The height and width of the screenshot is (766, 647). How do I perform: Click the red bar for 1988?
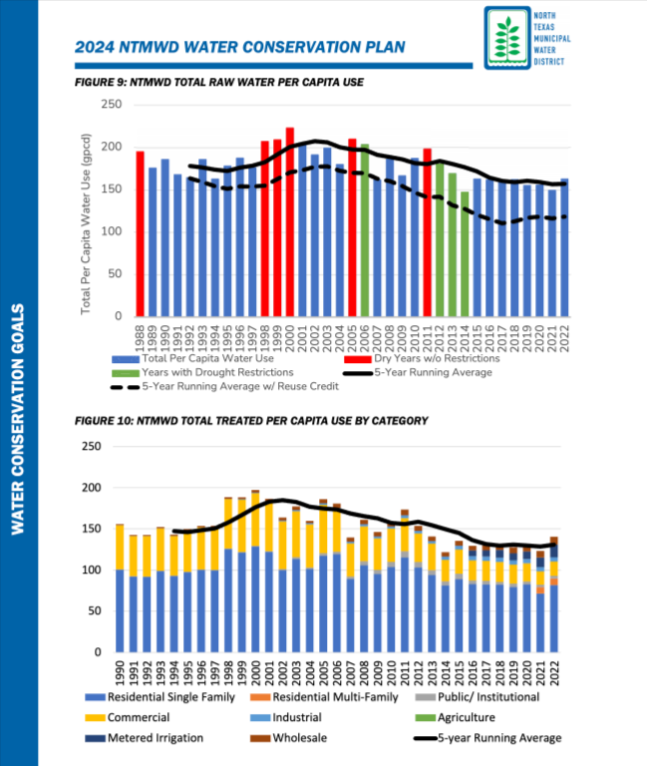coord(141,234)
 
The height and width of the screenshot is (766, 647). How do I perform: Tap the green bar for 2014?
coord(465,253)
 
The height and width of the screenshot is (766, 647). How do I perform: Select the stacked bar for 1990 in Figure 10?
coord(120,588)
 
